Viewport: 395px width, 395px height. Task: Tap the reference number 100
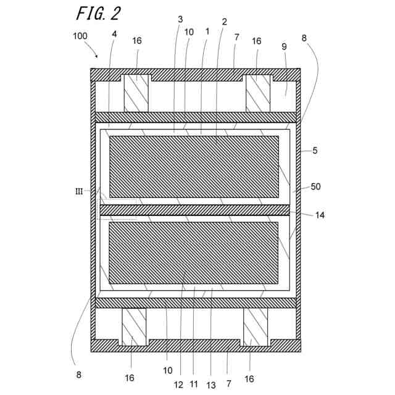pyautogui.click(x=81, y=36)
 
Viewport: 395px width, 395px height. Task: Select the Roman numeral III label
pyautogui.click(x=79, y=191)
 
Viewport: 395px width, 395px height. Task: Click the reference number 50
pyautogui.click(x=315, y=186)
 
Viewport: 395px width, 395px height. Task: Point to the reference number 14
pyautogui.click(x=319, y=215)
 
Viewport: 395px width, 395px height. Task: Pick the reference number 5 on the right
pyautogui.click(x=314, y=150)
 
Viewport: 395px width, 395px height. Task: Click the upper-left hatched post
pyautogui.click(x=136, y=93)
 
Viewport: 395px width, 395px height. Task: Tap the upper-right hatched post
pyautogui.click(x=258, y=93)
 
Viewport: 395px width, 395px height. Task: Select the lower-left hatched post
pyautogui.click(x=133, y=326)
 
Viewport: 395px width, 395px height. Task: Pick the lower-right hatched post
pyautogui.click(x=255, y=326)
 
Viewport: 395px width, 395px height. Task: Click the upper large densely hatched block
pyautogui.click(x=194, y=167)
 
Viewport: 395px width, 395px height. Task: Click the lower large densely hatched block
pyautogui.click(x=194, y=252)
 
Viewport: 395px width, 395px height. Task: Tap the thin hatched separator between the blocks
pyautogui.click(x=194, y=210)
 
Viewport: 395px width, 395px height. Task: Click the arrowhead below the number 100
pyautogui.click(x=96, y=56)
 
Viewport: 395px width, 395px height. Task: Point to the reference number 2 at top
pyautogui.click(x=224, y=22)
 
